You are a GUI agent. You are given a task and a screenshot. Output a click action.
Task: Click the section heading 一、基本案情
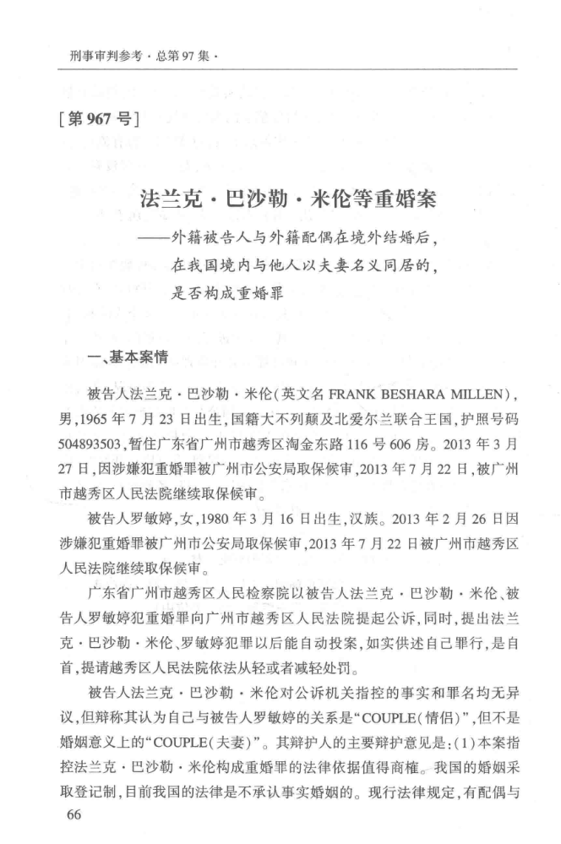click(x=127, y=357)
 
